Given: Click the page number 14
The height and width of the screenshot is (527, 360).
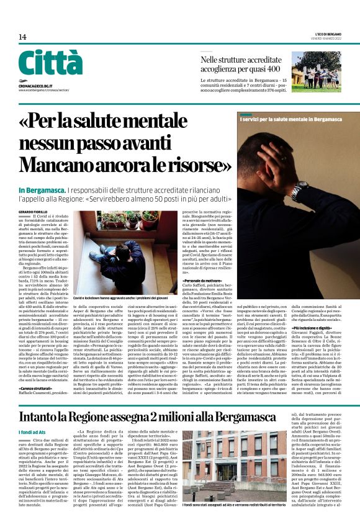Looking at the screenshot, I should (x=22, y=37).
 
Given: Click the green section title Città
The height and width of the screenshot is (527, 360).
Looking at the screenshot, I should (x=50, y=64).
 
